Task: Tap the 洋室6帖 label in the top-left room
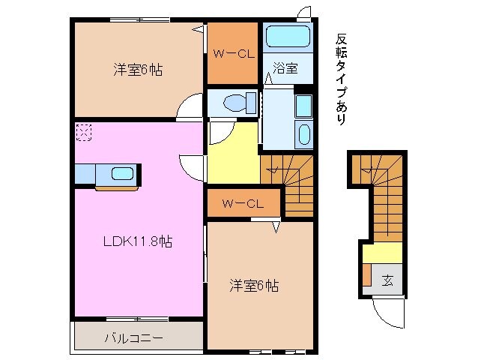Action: point(139,70)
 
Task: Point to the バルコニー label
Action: point(133,338)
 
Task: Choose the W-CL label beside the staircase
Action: point(243,203)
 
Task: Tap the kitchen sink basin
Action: point(122,175)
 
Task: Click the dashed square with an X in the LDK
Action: point(82,133)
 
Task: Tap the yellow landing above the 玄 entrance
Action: point(382,253)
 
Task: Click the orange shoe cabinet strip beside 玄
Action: point(366,279)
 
